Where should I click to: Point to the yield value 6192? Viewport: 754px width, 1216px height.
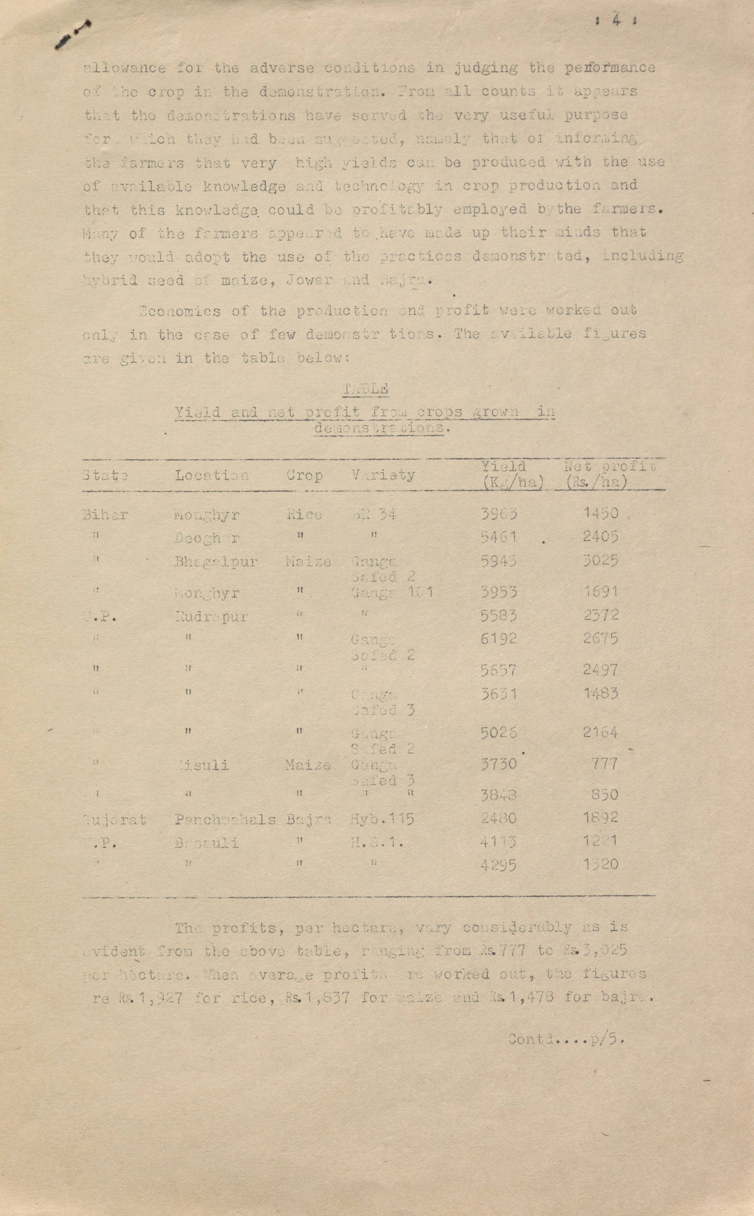(x=498, y=639)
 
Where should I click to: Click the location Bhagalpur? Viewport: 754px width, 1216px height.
(x=216, y=562)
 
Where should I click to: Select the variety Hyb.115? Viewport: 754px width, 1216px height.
(x=382, y=819)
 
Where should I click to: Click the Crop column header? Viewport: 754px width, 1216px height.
(x=304, y=475)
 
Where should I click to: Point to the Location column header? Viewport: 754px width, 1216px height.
(x=211, y=475)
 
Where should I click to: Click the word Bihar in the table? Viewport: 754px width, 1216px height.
(x=105, y=515)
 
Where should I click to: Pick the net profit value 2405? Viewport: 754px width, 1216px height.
(x=601, y=537)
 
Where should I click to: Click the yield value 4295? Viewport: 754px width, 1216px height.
(x=498, y=865)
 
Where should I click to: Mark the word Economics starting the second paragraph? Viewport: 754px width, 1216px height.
(x=180, y=311)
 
